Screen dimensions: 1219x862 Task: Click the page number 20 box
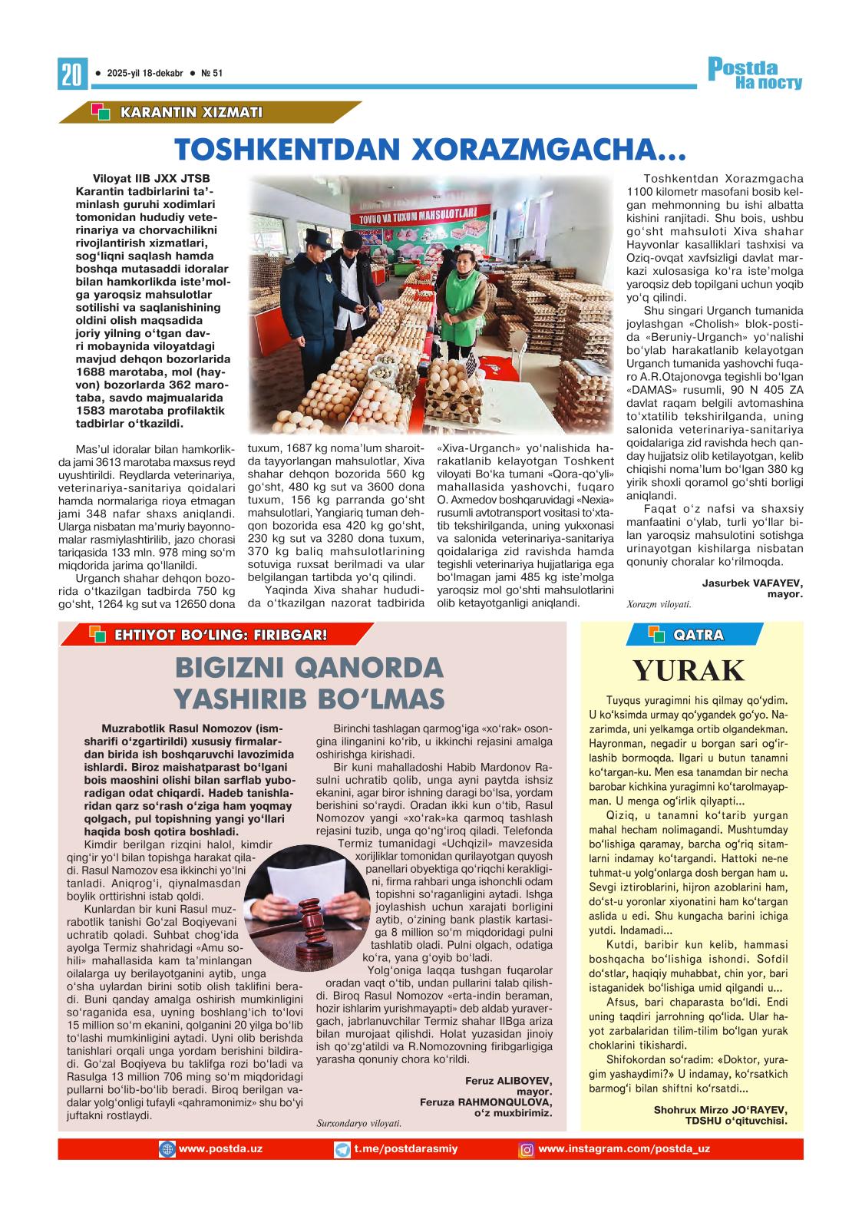pyautogui.click(x=71, y=74)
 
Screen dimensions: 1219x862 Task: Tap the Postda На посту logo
pyautogui.click(x=755, y=74)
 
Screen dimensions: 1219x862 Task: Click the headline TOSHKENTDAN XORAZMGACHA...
pyautogui.click(x=429, y=150)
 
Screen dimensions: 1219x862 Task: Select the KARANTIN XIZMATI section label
pyautogui.click(x=190, y=113)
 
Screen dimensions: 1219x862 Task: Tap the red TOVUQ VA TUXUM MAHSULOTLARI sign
pyautogui.click(x=414, y=213)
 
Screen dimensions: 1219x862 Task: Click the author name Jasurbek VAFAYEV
pyautogui.click(x=752, y=583)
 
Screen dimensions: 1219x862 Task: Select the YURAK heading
pyautogui.click(x=689, y=671)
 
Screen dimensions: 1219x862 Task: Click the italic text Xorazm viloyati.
pyautogui.click(x=659, y=604)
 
